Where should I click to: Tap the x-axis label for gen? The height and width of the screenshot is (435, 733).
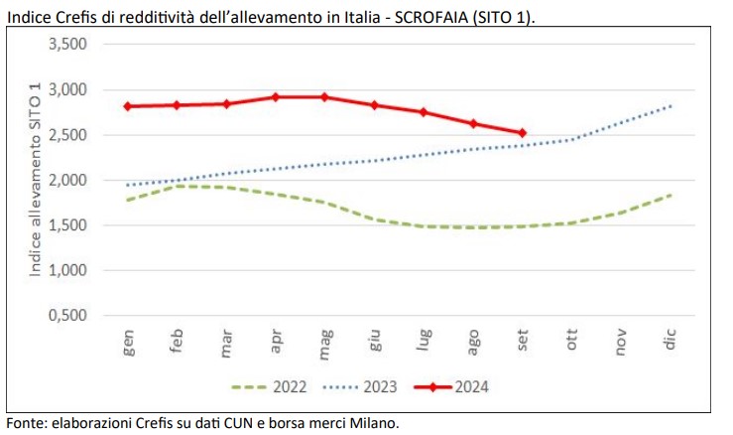click(129, 342)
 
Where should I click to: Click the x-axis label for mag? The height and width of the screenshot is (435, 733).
click(326, 342)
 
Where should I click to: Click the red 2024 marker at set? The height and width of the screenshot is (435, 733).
click(523, 132)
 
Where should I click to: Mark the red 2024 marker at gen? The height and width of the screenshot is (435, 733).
click(129, 106)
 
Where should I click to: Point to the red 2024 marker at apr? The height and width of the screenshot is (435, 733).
click(277, 97)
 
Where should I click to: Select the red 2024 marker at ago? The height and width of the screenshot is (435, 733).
click(473, 123)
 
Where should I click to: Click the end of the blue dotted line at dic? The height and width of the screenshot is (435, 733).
click(671, 105)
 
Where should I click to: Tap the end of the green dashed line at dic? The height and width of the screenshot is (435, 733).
click(671, 195)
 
